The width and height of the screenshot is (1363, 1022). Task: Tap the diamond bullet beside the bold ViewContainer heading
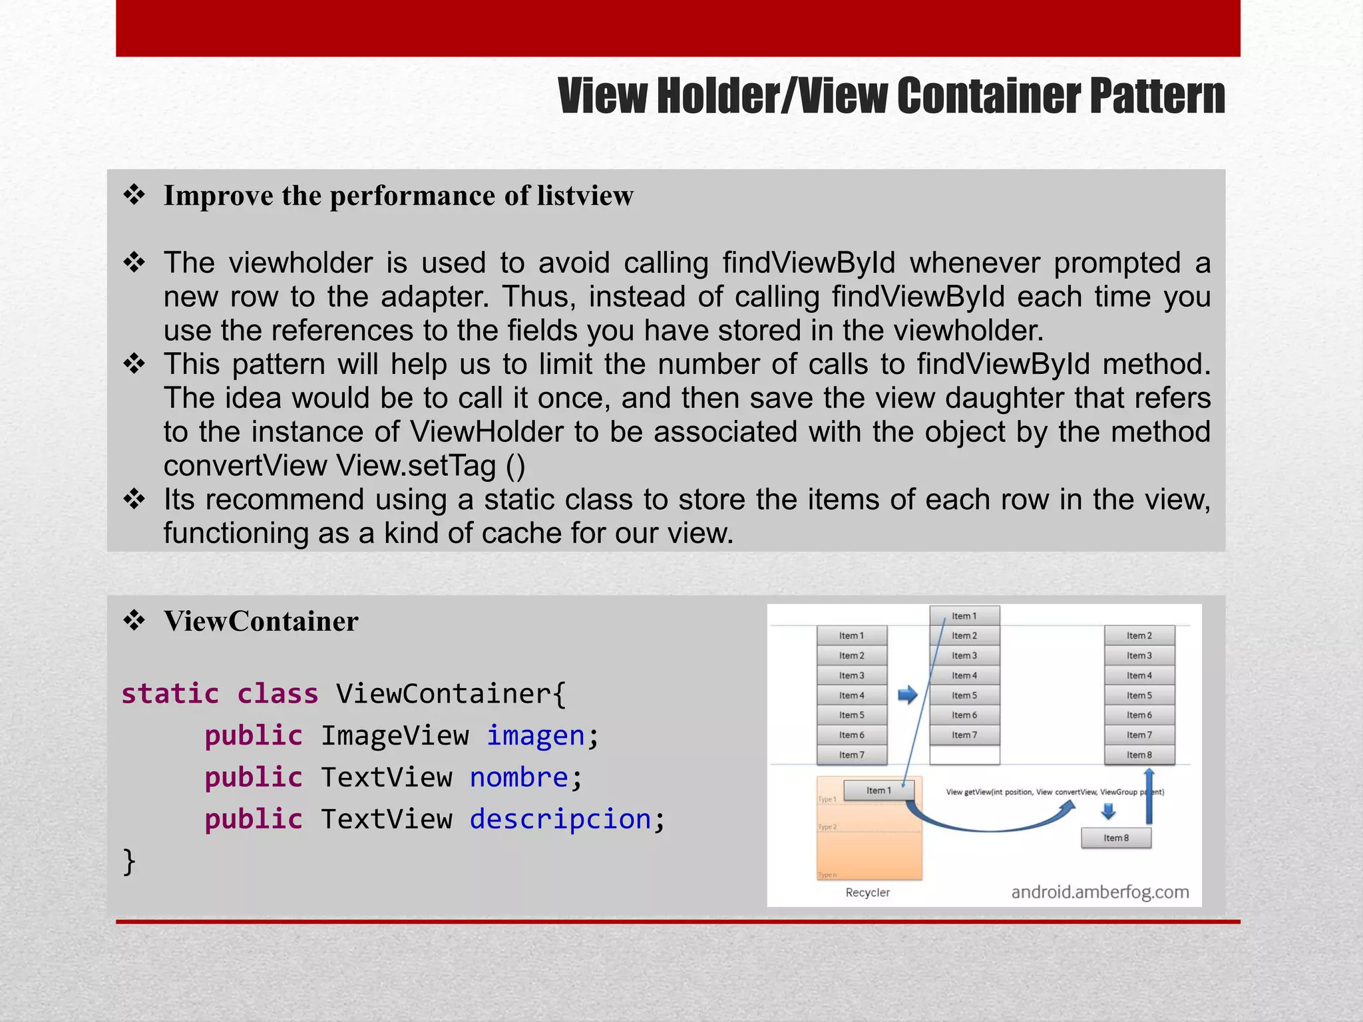(134, 621)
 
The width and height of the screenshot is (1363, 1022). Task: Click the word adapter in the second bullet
(434, 297)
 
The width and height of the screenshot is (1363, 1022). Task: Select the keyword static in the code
(170, 694)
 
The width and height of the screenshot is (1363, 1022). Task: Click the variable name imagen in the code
(536, 736)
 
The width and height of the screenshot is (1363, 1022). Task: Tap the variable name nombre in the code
(519, 777)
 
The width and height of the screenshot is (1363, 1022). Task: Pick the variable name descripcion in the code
(560, 819)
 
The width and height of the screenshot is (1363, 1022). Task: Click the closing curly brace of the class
(129, 861)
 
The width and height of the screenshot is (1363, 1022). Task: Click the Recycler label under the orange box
(867, 892)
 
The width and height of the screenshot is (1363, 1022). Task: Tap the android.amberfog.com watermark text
(1100, 892)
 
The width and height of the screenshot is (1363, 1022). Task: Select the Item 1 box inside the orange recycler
(878, 790)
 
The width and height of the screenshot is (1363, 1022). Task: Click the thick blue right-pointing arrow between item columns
(908, 695)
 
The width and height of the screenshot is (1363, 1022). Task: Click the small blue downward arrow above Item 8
(1108, 811)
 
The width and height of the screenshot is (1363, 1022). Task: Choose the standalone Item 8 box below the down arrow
(1116, 838)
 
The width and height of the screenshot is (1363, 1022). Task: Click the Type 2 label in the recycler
(827, 827)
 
